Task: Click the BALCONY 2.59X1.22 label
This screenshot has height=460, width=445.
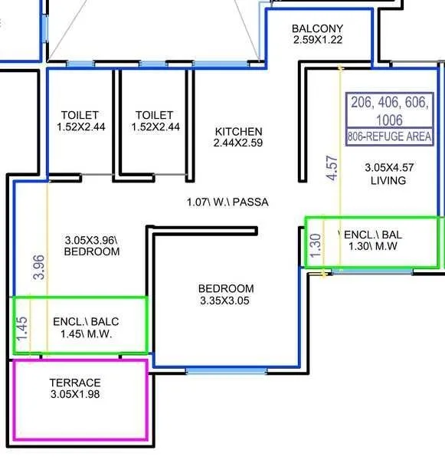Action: (x=318, y=34)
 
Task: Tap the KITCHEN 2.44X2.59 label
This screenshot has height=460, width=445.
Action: (x=238, y=137)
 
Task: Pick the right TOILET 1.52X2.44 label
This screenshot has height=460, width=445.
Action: (x=155, y=121)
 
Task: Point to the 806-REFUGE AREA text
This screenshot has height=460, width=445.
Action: (x=389, y=136)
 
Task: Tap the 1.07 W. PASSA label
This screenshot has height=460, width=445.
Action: (x=227, y=202)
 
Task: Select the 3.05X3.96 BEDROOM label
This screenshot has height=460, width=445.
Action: (x=91, y=245)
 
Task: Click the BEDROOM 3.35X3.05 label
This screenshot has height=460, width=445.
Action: (x=226, y=294)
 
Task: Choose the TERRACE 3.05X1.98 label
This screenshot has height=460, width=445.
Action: (x=75, y=388)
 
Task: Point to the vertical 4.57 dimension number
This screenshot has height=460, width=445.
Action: (x=332, y=166)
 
